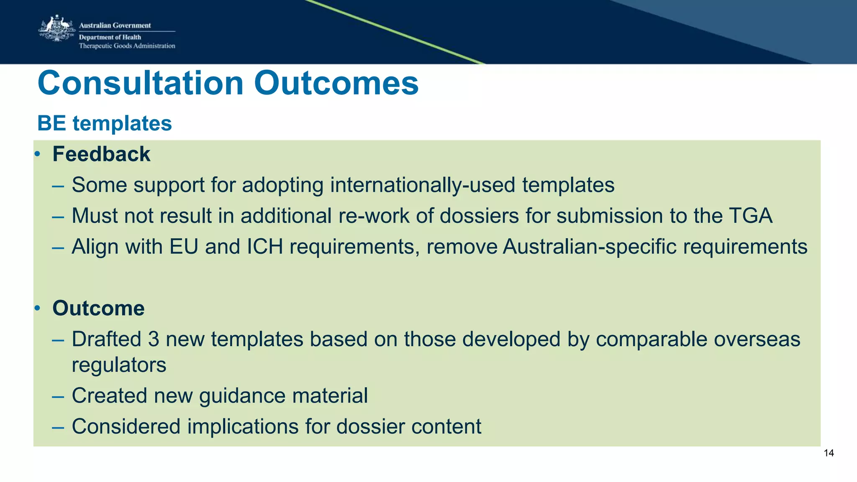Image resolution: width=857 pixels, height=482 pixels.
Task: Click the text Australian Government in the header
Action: point(115,26)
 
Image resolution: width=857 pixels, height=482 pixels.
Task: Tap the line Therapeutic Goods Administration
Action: point(127,46)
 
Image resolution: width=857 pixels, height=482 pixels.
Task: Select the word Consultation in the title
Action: point(141,83)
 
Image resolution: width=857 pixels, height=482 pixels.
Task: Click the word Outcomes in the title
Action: point(336,83)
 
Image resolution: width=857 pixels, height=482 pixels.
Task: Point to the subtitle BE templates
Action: point(105,123)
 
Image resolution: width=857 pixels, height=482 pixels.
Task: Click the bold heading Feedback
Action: point(101,154)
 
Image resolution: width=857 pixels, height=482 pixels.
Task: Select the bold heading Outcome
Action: point(98,308)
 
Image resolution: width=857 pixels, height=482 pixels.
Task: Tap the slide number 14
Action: point(829,453)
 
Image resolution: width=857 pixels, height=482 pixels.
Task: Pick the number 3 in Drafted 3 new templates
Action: point(154,339)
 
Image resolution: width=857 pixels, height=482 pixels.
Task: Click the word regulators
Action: point(119,365)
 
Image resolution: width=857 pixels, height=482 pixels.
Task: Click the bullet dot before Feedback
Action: point(37,154)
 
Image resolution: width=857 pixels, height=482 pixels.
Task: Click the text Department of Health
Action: point(110,37)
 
